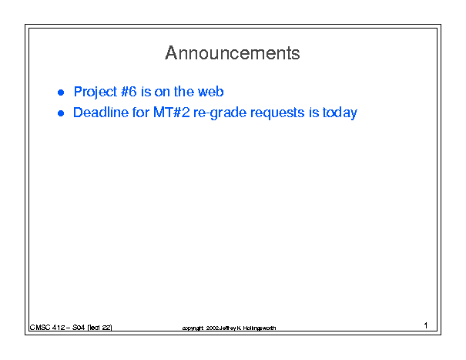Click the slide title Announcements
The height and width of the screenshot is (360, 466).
233,53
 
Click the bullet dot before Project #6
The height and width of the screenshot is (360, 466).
61,93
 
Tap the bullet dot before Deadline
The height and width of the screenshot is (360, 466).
61,113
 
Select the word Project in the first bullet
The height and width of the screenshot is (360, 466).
96,93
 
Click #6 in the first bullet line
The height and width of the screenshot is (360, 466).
129,91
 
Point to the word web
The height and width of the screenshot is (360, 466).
211,91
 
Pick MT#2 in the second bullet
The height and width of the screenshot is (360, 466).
172,113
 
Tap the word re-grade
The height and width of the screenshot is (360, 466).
220,113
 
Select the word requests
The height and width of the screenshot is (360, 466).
277,113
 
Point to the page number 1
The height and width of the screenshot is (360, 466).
426,325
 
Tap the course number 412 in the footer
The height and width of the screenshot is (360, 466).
59,328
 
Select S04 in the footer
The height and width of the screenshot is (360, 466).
79,328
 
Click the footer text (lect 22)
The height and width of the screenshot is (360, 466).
99,328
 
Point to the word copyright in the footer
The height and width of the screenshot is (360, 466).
193,328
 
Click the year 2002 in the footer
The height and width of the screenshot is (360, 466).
213,328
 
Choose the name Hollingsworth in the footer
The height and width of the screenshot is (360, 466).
260,328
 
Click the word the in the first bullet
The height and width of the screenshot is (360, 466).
184,91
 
